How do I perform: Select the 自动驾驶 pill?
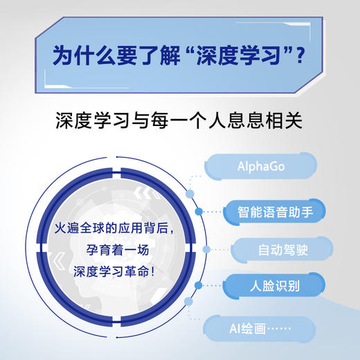click(274, 248)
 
